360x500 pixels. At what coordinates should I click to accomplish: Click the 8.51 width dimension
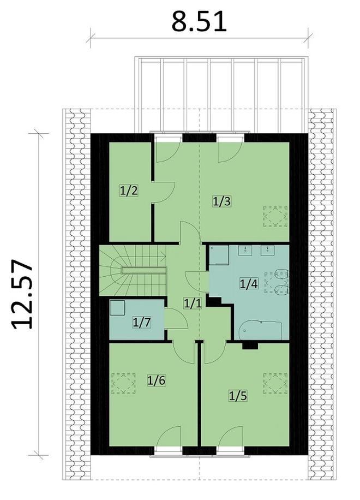tap(199, 22)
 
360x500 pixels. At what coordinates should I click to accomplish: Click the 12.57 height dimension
tap(23, 295)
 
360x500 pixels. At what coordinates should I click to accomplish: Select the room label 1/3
tap(222, 201)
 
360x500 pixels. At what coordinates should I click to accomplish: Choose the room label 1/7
tap(142, 322)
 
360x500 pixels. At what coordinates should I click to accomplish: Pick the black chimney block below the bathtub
tap(250, 345)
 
